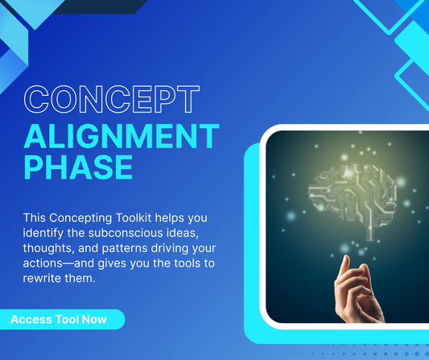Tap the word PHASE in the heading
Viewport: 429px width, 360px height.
coord(78,167)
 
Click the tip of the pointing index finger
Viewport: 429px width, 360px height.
coord(344,260)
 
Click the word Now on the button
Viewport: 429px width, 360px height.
coord(93,320)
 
